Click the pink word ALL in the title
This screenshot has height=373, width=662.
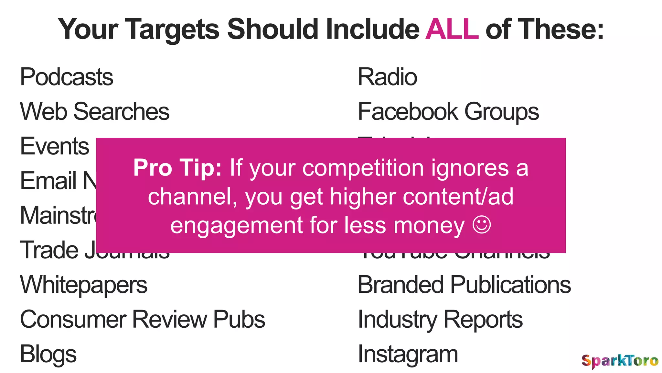click(452, 29)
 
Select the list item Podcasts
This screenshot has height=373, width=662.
click(67, 77)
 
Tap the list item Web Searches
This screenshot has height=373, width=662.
click(95, 111)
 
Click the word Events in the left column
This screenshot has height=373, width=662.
click(55, 146)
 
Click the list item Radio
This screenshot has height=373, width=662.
click(387, 77)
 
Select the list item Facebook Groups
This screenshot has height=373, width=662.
click(448, 112)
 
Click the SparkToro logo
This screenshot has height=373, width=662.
click(620, 361)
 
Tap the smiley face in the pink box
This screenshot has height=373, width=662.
click(482, 225)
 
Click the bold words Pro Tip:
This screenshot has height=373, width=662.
click(177, 168)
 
